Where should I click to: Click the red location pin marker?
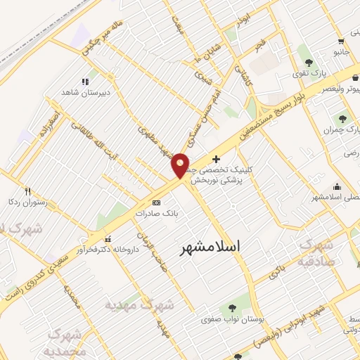tap(181, 165)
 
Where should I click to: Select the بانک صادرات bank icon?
tap(156, 202)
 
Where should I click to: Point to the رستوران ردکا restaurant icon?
tap(28, 191)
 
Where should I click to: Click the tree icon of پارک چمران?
tap(342, 119)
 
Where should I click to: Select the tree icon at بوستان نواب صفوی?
tap(231, 308)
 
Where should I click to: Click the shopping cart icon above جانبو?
tap(340, 41)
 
